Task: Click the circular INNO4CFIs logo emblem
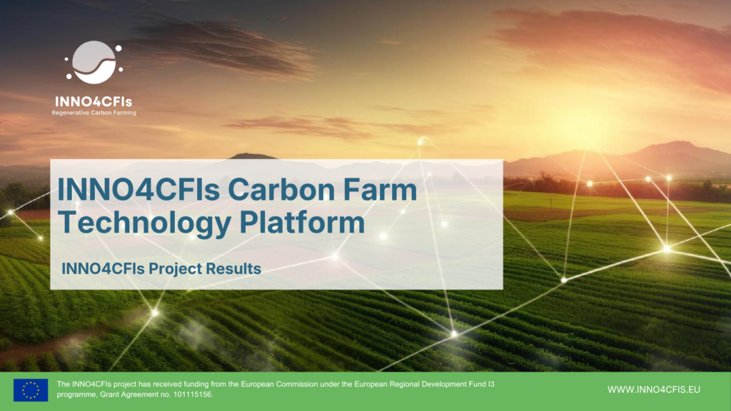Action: [x=94, y=62]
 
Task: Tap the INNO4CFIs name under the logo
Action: [x=94, y=101]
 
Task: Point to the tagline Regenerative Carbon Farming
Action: [x=94, y=113]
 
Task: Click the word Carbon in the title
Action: [x=281, y=190]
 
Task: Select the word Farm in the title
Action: [x=380, y=190]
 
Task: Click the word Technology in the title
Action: [x=145, y=223]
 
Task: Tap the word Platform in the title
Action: [x=302, y=223]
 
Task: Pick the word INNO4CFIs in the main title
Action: [x=138, y=190]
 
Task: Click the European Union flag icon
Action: [x=31, y=390]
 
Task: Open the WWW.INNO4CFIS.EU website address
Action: [x=654, y=390]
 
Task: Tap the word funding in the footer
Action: [x=196, y=385]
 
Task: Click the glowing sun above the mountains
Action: [x=581, y=125]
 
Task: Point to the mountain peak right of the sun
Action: [x=678, y=143]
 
